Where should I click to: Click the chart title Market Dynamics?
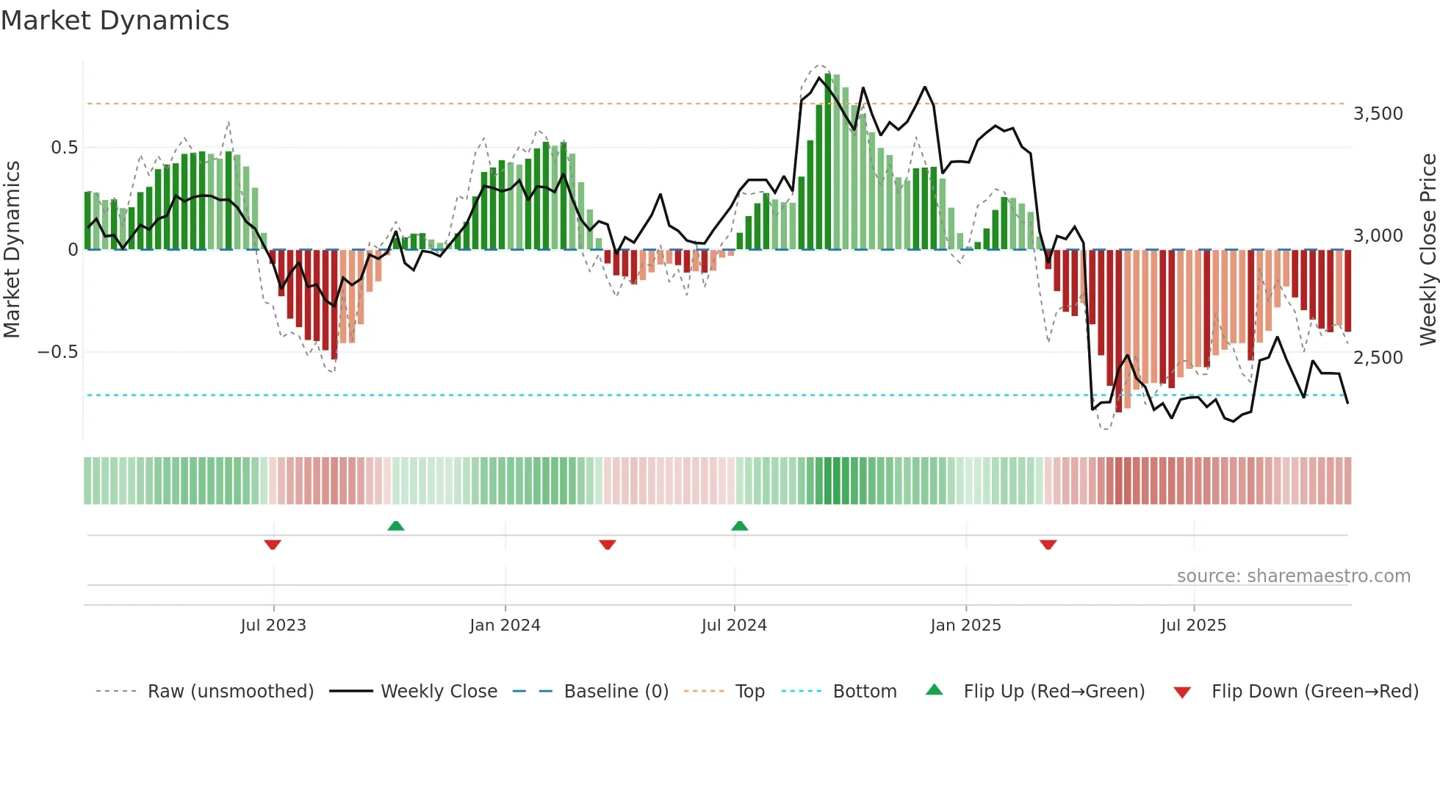tap(115, 21)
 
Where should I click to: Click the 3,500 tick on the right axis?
tap(1378, 114)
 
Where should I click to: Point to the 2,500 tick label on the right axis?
tap(1378, 358)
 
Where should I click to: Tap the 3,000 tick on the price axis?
tap(1378, 236)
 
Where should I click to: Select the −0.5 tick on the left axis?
tap(58, 352)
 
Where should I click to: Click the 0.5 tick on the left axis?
tap(64, 148)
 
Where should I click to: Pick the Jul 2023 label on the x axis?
tap(273, 626)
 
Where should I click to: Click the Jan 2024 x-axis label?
tap(505, 626)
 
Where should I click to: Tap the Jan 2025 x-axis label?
tap(965, 626)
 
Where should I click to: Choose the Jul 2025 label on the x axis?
tap(1193, 626)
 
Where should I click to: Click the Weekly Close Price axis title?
tap(1428, 250)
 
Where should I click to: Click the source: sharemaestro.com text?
tap(1293, 576)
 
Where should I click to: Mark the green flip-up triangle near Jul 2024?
tap(740, 526)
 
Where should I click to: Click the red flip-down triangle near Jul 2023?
tap(273, 545)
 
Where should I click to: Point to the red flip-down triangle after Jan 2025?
tap(1048, 545)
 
